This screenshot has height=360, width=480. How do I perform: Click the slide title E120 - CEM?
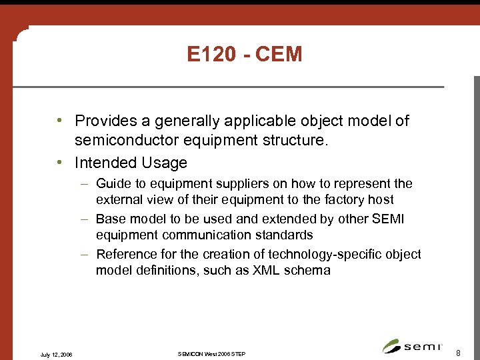pos(245,55)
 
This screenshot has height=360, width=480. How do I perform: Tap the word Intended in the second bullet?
pos(105,163)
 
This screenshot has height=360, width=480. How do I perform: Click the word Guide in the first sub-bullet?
pos(113,183)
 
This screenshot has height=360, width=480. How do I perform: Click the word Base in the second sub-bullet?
pos(111,219)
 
